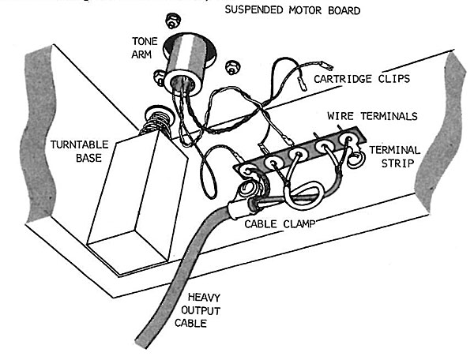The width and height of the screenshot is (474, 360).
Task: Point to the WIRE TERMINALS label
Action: pos(374,115)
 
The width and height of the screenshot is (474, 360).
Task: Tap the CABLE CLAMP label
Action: pos(280,223)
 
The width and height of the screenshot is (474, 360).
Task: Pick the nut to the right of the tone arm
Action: pos(231,65)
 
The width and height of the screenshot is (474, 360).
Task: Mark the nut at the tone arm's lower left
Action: pos(158,77)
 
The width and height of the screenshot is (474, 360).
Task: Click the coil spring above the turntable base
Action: pos(155,126)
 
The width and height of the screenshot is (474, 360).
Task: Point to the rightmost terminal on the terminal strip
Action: pos(346,141)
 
